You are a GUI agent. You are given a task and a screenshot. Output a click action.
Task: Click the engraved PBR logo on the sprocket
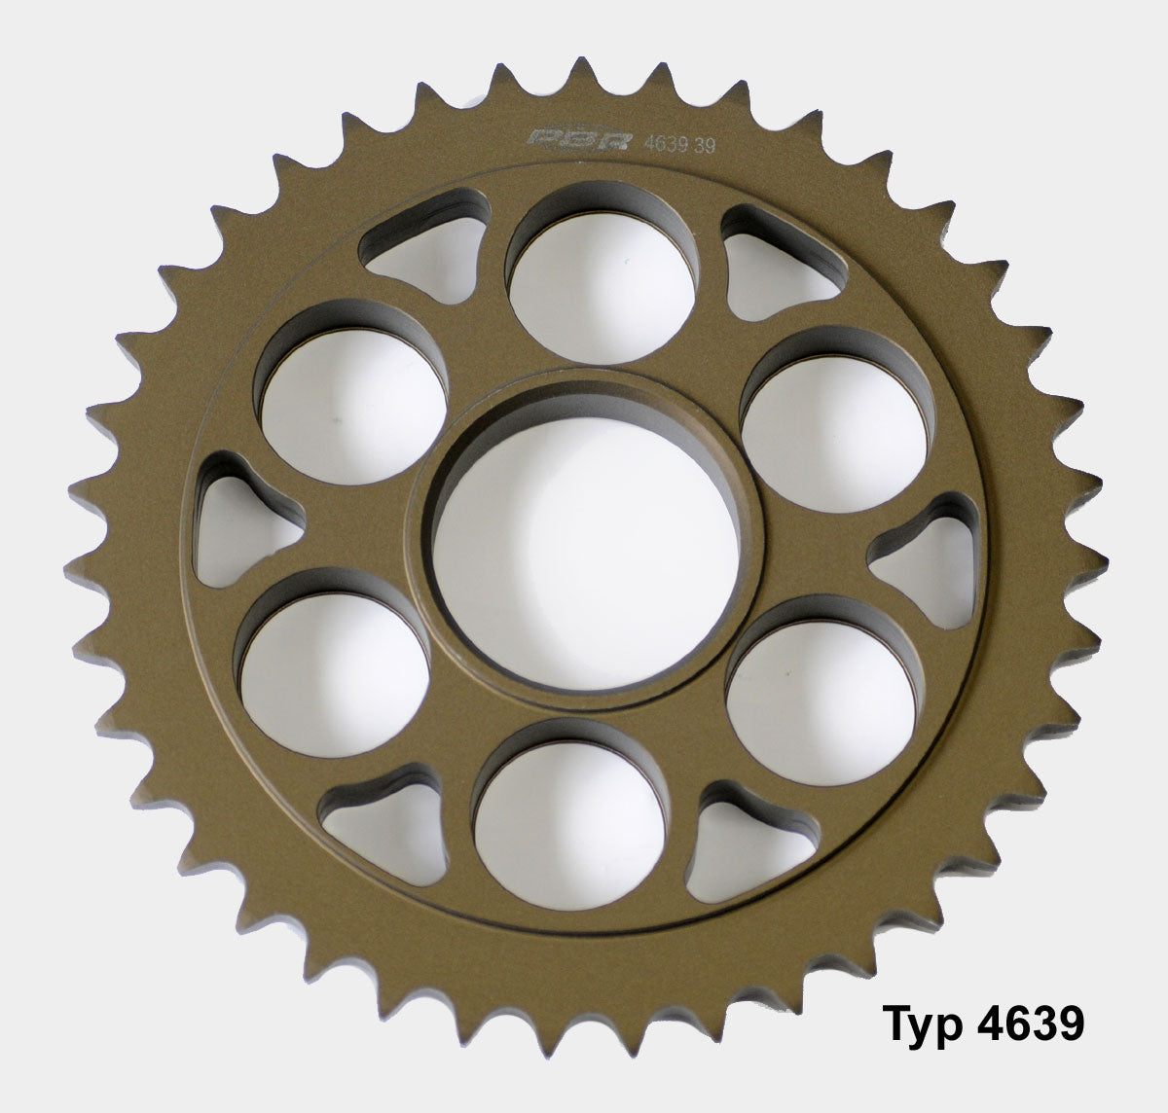(578, 140)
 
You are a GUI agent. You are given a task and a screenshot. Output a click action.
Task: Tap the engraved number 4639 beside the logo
(666, 144)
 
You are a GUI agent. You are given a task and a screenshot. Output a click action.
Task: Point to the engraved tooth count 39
(704, 145)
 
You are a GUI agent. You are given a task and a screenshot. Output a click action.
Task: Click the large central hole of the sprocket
(585, 553)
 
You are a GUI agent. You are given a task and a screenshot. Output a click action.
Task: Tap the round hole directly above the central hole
(602, 286)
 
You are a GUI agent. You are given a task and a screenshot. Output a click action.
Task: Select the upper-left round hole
(353, 406)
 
